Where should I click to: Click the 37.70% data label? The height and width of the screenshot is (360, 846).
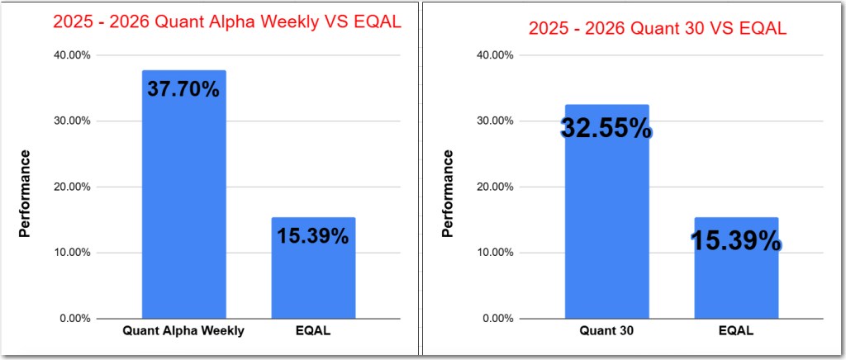[183, 88]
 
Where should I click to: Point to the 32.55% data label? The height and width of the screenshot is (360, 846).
[606, 128]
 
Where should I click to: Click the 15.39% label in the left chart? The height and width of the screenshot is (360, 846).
[313, 235]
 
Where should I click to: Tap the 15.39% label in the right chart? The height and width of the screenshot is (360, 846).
[735, 241]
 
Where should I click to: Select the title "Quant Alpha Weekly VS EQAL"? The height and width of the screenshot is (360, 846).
[227, 22]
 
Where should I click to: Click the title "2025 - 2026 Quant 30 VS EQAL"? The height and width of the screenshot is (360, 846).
[657, 29]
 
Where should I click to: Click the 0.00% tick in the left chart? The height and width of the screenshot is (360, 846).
[74, 319]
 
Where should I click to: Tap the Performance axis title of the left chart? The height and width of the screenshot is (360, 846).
[25, 193]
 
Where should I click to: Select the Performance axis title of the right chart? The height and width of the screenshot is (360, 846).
[448, 193]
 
